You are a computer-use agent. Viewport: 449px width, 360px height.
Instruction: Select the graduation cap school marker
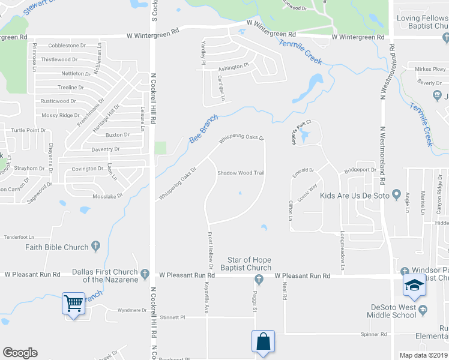coord(414,286)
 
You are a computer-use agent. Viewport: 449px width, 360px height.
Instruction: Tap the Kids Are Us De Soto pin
coord(396,195)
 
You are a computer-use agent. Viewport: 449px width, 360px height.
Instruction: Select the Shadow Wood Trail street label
coord(241,173)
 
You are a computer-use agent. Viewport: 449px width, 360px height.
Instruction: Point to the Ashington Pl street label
coord(234,67)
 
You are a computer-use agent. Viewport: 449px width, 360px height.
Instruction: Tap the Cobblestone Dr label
coord(67,46)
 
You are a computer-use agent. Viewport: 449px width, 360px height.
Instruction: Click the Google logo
coord(20,353)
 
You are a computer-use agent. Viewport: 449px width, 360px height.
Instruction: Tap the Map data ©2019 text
coord(424,355)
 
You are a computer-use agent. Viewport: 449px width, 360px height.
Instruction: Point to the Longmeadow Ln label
coord(343,251)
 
